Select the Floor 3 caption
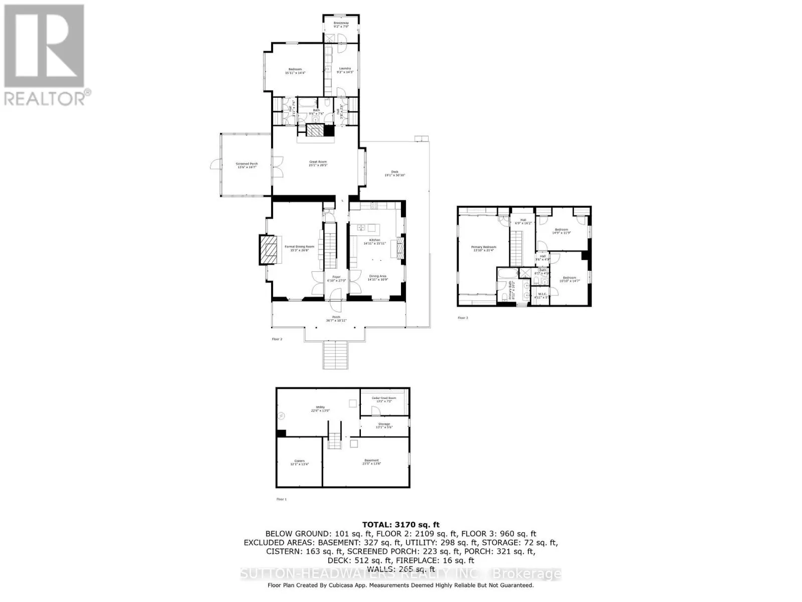[x=463, y=318]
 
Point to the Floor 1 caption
[x=281, y=499]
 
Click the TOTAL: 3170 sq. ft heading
[x=400, y=525]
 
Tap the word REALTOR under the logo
[x=44, y=98]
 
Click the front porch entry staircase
[x=335, y=355]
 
